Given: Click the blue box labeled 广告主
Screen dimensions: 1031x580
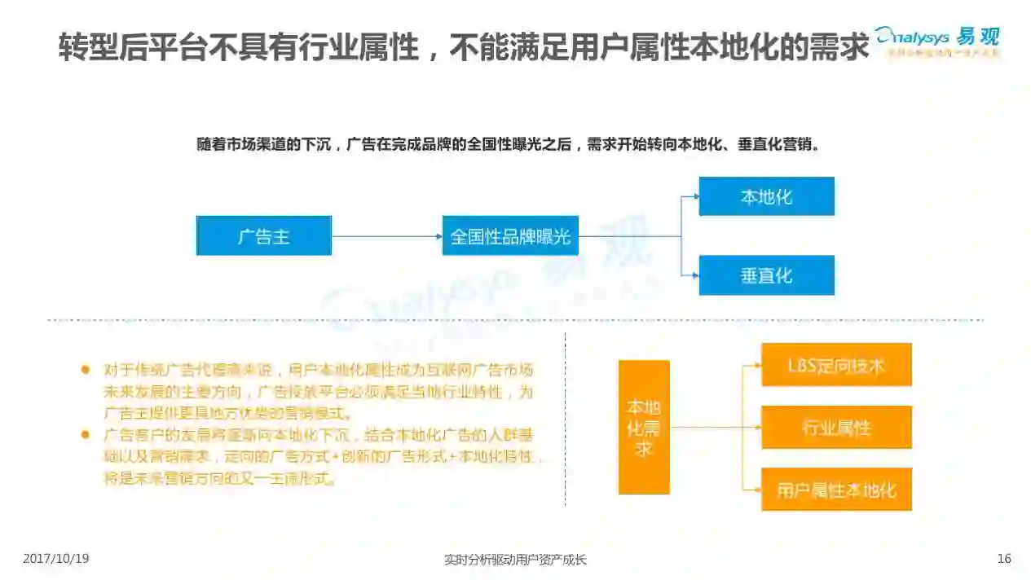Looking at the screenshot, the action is coord(263,236).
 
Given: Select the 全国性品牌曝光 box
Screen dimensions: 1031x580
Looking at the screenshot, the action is coord(510,236).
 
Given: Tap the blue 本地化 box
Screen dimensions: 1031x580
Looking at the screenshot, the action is coord(766,196).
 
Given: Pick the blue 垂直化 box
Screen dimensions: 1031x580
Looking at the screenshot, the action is coord(766,275).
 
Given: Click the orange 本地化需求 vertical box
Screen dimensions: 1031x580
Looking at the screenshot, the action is coord(644,427).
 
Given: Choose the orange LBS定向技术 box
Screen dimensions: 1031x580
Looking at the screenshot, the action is coord(836,365).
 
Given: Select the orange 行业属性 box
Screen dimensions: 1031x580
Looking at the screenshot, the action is coord(836,427).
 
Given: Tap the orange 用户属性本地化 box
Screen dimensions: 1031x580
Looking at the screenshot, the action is coord(836,490).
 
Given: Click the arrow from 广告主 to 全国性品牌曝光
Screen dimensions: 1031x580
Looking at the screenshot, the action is coord(386,236).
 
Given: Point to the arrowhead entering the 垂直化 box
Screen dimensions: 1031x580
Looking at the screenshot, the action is coord(694,275).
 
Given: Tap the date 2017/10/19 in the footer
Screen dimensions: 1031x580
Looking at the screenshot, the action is coord(56,559).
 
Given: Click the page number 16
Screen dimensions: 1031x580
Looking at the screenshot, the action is coord(1004,559).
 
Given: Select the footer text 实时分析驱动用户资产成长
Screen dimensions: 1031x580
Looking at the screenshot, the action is coord(515,560).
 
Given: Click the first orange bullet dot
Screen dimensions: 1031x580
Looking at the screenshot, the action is coord(85,369).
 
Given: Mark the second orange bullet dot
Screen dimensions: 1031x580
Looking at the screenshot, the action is coord(85,435).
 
